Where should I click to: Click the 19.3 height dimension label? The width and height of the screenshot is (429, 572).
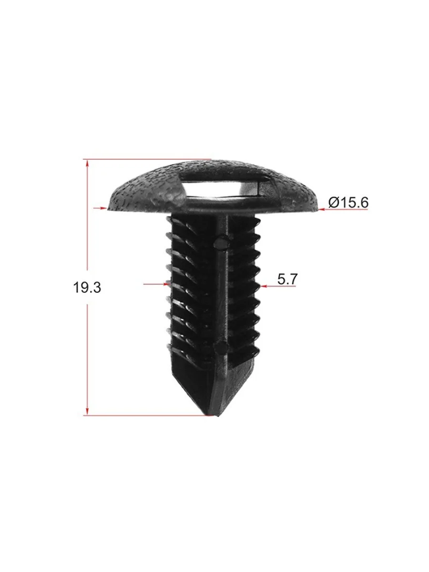tap(87, 287)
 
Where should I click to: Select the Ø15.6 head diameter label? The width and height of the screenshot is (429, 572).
tap(348, 203)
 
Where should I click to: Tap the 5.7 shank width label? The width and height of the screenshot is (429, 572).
tap(287, 279)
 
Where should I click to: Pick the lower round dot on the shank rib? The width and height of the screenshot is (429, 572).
tap(221, 347)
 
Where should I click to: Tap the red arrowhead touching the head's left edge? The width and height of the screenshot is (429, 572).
tap(103, 208)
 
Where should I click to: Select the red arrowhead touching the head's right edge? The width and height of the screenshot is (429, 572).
tap(322, 209)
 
